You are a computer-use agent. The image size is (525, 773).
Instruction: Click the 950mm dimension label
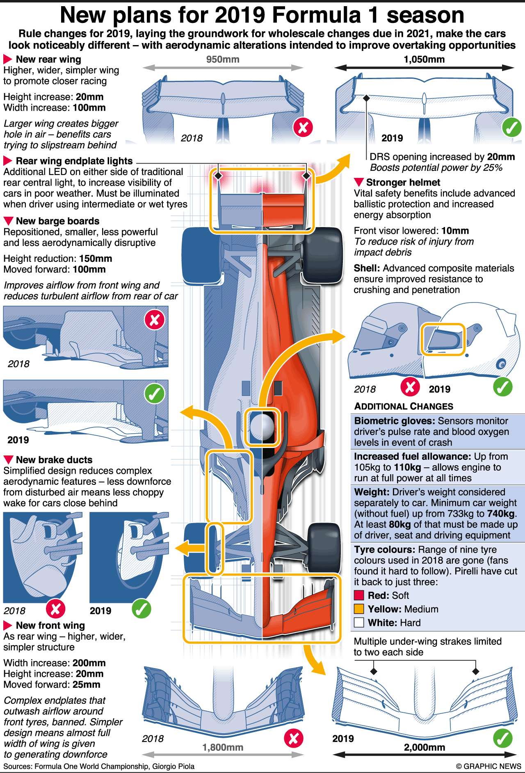[223, 59]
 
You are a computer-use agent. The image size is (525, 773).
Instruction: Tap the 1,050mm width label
[424, 59]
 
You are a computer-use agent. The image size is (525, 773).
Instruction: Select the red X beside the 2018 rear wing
[303, 128]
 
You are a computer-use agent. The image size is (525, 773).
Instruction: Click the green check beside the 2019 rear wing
[511, 128]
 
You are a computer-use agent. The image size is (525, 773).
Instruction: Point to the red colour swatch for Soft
[359, 595]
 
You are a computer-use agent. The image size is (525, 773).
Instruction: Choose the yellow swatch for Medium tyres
[359, 609]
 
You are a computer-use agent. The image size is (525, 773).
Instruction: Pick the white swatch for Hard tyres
[359, 622]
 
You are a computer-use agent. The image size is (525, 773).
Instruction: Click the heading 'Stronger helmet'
[403, 182]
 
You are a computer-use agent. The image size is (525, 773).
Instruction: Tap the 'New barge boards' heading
[57, 221]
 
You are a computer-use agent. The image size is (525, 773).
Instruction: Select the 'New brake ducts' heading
[54, 459]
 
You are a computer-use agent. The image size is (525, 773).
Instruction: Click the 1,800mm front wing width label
[223, 747]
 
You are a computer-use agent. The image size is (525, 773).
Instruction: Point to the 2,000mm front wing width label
[425, 747]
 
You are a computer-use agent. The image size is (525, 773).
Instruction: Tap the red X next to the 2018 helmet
[410, 386]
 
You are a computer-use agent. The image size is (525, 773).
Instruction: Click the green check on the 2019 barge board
[154, 393]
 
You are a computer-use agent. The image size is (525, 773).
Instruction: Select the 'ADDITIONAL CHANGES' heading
[404, 406]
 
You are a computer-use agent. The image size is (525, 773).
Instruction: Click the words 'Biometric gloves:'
[394, 421]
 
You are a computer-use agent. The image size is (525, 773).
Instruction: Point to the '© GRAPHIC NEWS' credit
[488, 766]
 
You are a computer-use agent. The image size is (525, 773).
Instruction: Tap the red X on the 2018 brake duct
[56, 609]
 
